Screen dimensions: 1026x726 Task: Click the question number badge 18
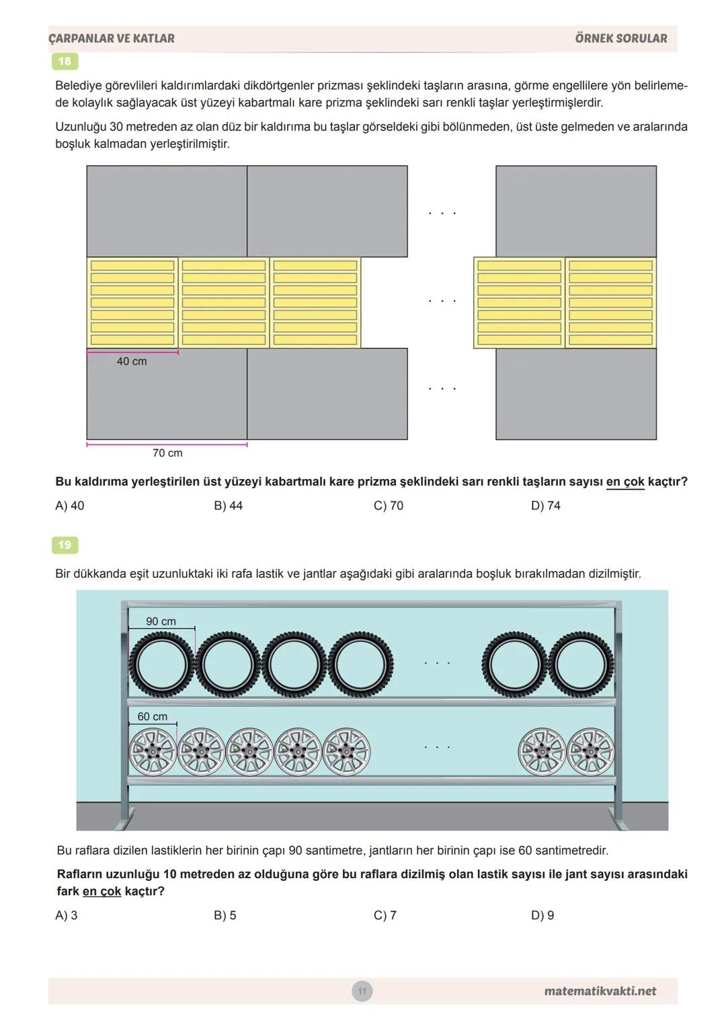pyautogui.click(x=65, y=61)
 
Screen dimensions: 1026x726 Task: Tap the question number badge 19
pyautogui.click(x=65, y=545)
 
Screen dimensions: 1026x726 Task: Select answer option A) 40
pyautogui.click(x=70, y=505)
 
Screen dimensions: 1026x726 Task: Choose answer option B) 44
pyautogui.click(x=229, y=505)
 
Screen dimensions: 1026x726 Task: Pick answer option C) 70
pyautogui.click(x=389, y=505)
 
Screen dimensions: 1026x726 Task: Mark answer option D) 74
pyautogui.click(x=546, y=505)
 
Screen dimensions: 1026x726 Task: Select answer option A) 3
pyautogui.click(x=67, y=915)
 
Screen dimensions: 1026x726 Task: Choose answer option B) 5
pyautogui.click(x=225, y=915)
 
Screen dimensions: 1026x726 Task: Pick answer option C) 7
pyautogui.click(x=385, y=915)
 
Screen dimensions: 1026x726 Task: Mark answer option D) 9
pyautogui.click(x=542, y=915)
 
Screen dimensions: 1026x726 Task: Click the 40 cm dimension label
pyautogui.click(x=132, y=361)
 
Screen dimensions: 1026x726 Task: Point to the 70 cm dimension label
pyautogui.click(x=167, y=453)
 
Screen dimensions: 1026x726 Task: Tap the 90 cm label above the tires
pyautogui.click(x=161, y=622)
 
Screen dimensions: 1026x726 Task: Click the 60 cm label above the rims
pyautogui.click(x=153, y=717)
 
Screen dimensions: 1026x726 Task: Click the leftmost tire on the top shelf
pyautogui.click(x=161, y=664)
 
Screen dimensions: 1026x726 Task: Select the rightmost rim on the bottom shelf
pyautogui.click(x=590, y=751)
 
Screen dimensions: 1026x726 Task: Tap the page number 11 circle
pyautogui.click(x=362, y=991)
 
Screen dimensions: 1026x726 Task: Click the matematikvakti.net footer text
pyautogui.click(x=600, y=991)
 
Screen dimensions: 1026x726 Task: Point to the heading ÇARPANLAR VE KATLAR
pyautogui.click(x=112, y=38)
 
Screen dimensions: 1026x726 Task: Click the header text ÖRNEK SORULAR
pyautogui.click(x=621, y=38)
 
